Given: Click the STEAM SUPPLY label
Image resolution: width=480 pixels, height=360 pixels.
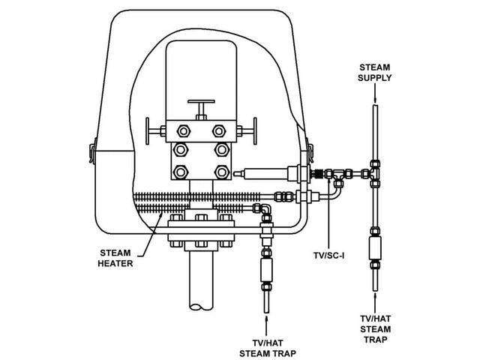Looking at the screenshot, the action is [375, 73].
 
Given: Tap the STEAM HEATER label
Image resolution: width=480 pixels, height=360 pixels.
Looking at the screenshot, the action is [115, 258].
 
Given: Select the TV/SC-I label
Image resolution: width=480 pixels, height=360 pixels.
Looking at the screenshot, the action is [328, 255].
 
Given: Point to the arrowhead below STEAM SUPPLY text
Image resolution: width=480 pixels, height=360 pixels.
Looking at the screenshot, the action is [375, 100].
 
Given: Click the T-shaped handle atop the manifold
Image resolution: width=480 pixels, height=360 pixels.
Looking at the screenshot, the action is [201, 108].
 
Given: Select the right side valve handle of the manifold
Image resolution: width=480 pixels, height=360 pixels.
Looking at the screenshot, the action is [247, 131].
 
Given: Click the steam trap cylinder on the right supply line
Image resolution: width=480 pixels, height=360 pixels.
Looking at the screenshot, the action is [375, 248].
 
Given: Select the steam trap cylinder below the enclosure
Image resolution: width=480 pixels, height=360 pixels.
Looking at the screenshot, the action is [266, 270].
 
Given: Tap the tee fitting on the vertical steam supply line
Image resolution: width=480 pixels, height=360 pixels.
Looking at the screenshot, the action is [374, 173].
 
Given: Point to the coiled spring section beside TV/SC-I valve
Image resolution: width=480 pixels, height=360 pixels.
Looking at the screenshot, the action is [318, 174].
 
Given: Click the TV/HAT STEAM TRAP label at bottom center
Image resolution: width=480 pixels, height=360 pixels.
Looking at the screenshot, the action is [268, 348].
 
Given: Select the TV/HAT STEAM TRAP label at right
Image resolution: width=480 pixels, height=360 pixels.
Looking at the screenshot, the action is [375, 329].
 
